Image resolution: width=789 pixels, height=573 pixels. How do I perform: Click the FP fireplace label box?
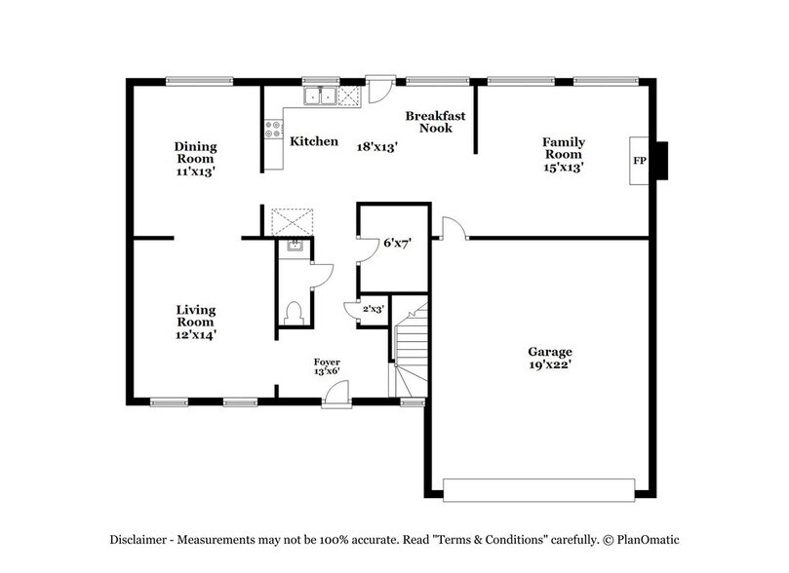coord(640,160)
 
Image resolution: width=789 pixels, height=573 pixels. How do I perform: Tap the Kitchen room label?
coord(314,142)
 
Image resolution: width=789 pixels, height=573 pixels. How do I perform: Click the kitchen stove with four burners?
coord(274,130)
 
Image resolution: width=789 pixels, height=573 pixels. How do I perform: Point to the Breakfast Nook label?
coord(435,122)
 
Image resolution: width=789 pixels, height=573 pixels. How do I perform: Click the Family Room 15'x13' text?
coord(563,154)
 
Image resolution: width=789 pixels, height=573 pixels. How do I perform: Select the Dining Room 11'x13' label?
coord(196,158)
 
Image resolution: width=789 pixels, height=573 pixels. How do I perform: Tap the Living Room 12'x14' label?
coord(196,323)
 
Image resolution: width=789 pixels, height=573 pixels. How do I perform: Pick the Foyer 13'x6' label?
coord(327,366)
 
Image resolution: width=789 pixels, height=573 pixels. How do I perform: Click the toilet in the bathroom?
coord(294,313)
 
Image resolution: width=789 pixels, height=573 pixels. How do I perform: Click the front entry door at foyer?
coord(336,394)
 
